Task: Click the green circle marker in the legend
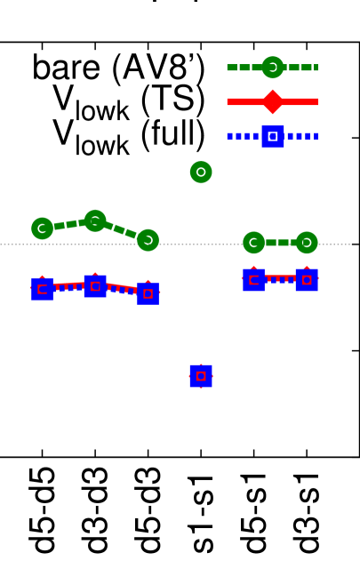pyautogui.click(x=272, y=68)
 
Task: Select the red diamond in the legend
pyautogui.click(x=272, y=101)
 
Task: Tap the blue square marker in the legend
pyautogui.click(x=272, y=137)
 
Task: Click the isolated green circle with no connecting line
pyautogui.click(x=201, y=172)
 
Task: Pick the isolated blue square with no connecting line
pyautogui.click(x=201, y=376)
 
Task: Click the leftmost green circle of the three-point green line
pyautogui.click(x=42, y=228)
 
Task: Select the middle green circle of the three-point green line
pyautogui.click(x=95, y=220)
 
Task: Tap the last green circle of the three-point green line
pyautogui.click(x=148, y=240)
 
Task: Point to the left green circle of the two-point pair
pyautogui.click(x=253, y=243)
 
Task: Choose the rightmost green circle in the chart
pyautogui.click(x=307, y=243)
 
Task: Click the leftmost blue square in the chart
pyautogui.click(x=42, y=289)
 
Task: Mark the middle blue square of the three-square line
pyautogui.click(x=95, y=286)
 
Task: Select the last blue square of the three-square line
pyautogui.click(x=148, y=293)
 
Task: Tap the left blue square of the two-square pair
pyautogui.click(x=253, y=280)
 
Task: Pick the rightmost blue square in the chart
pyautogui.click(x=307, y=280)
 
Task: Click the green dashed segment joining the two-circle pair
pyautogui.click(x=280, y=243)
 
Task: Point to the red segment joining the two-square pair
pyautogui.click(x=280, y=279)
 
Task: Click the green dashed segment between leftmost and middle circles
pyautogui.click(x=68, y=225)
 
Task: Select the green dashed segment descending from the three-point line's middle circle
pyautogui.click(x=122, y=230)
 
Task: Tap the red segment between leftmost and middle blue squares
pyautogui.click(x=68, y=286)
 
